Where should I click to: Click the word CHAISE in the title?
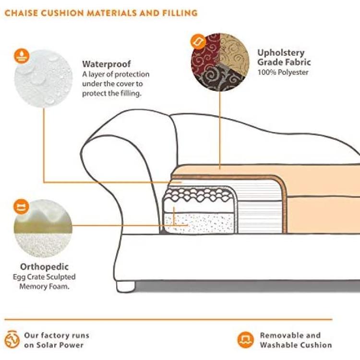(x=21, y=13)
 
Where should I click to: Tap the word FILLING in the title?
(x=180, y=13)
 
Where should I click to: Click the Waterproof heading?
(x=107, y=64)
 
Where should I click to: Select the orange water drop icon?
(x=22, y=56)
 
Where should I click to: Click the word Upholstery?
(x=281, y=53)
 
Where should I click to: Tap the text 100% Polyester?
(x=283, y=72)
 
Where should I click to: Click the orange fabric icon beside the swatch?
(x=198, y=42)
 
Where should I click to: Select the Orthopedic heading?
(x=44, y=267)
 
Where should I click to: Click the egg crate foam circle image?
(x=43, y=228)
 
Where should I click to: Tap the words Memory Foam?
(x=44, y=286)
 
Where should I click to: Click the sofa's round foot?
(x=126, y=287)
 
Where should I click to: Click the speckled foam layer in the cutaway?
(x=199, y=222)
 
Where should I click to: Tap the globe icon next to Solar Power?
(x=12, y=339)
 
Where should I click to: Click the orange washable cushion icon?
(x=245, y=340)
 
